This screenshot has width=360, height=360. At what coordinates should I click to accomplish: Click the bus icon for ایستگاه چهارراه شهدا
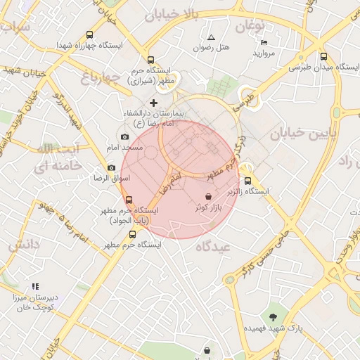(89, 34)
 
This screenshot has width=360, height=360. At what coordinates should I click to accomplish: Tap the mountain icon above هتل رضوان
(211, 37)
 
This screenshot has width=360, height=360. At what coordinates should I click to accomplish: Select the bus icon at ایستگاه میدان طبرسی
(323, 57)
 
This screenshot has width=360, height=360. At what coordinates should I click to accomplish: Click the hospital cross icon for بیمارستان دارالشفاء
(154, 103)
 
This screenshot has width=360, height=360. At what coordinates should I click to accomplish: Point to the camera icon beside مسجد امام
(124, 137)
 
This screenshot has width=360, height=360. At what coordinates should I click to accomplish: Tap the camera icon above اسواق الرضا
(111, 167)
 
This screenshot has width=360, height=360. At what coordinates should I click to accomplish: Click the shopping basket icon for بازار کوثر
(209, 197)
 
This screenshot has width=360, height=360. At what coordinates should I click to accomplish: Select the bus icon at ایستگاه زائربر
(246, 180)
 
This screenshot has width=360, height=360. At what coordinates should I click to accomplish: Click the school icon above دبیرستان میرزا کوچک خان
(34, 287)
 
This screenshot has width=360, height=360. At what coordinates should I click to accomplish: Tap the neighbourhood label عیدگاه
(213, 246)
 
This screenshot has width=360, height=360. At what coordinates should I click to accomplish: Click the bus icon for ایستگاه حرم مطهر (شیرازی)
(150, 60)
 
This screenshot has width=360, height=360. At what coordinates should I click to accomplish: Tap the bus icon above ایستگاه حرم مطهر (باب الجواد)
(127, 199)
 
